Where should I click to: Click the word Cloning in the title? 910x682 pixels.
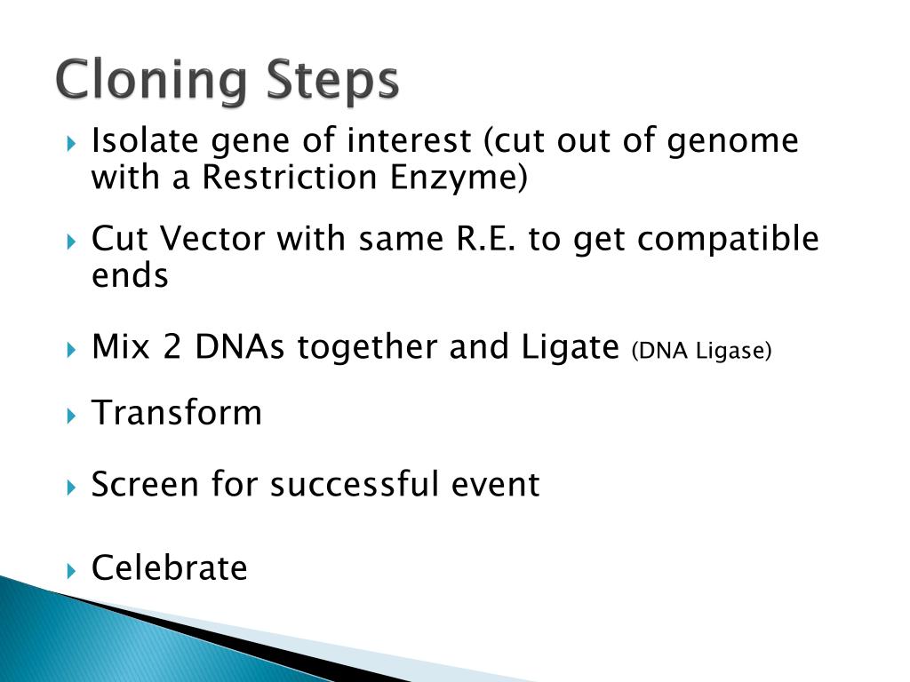(x=151, y=81)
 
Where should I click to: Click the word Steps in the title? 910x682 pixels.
(x=332, y=81)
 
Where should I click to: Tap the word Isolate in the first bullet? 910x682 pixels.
(x=145, y=140)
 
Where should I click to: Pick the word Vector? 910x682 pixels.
(x=212, y=238)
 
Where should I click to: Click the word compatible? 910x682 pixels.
(x=729, y=240)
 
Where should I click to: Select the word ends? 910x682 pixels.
(x=130, y=275)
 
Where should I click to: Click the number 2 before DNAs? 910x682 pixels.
(x=172, y=347)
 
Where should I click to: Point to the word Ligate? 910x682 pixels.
(x=571, y=348)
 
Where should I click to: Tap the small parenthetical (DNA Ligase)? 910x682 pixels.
(x=702, y=351)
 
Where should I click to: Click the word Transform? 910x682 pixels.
(x=177, y=413)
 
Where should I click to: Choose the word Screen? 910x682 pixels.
(x=145, y=484)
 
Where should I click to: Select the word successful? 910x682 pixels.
(x=354, y=484)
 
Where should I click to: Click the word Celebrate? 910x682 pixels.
(x=170, y=567)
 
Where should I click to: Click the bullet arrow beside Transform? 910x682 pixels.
(x=71, y=416)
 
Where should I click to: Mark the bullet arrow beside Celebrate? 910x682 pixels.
(x=71, y=571)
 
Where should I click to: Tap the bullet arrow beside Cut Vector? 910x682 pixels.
(x=71, y=242)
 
